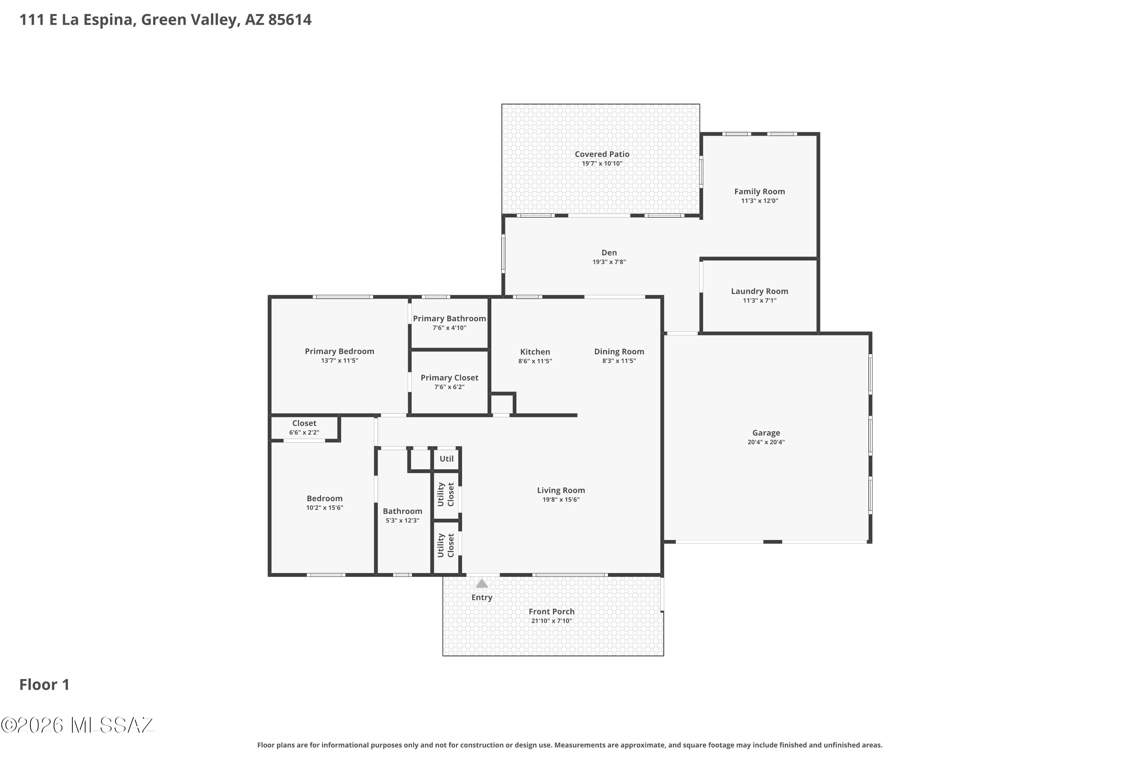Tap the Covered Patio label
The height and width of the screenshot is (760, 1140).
pyautogui.click(x=602, y=154)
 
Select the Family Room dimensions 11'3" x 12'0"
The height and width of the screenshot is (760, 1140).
pyautogui.click(x=760, y=201)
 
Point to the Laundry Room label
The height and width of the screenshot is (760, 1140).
pyautogui.click(x=760, y=291)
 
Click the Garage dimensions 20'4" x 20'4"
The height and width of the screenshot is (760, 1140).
pyautogui.click(x=766, y=442)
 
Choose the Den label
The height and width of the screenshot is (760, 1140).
pyautogui.click(x=609, y=253)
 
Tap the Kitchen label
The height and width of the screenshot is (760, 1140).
pyautogui.click(x=535, y=352)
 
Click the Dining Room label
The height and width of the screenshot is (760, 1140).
pyautogui.click(x=619, y=352)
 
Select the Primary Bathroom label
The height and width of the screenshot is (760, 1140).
pyautogui.click(x=449, y=318)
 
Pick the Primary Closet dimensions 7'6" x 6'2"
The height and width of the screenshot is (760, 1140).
pyautogui.click(x=449, y=387)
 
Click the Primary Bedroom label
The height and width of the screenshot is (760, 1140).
pyautogui.click(x=339, y=351)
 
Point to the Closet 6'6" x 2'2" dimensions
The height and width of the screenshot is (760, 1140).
pyautogui.click(x=304, y=432)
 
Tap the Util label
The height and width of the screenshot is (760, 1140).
pyautogui.click(x=446, y=459)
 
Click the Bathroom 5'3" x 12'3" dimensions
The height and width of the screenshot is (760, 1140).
pyautogui.click(x=402, y=521)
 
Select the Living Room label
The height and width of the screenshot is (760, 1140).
pyautogui.click(x=561, y=491)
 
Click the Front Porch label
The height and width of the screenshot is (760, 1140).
pyautogui.click(x=552, y=612)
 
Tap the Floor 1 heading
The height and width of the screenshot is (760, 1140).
pyautogui.click(x=44, y=684)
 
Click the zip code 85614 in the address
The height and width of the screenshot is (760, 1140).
pyautogui.click(x=290, y=20)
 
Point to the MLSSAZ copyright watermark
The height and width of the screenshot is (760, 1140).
pyautogui.click(x=78, y=725)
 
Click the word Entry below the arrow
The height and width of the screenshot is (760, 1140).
pyautogui.click(x=482, y=598)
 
